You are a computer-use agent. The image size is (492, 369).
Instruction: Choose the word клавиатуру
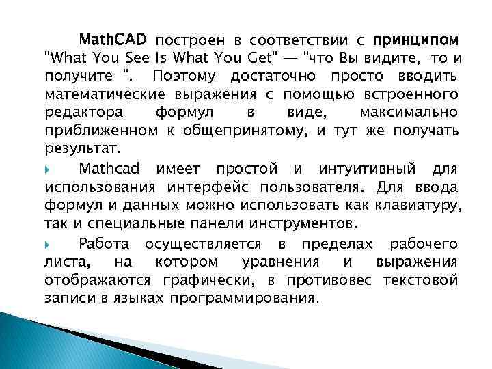pos(422,206)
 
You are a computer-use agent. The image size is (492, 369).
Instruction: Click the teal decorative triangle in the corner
pos(27,342)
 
